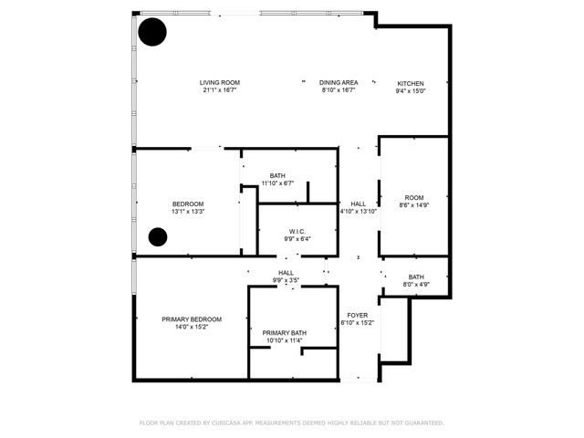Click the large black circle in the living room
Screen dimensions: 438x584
(x=152, y=33)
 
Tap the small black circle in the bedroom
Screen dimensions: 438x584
(x=158, y=238)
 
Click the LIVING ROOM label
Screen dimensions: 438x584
(x=219, y=83)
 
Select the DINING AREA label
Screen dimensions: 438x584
(x=338, y=83)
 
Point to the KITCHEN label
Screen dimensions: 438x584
(x=410, y=83)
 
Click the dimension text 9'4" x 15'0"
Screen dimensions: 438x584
(x=410, y=91)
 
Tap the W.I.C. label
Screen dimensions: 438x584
(x=297, y=232)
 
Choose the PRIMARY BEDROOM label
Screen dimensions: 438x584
(x=192, y=319)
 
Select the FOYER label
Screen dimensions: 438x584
(x=357, y=315)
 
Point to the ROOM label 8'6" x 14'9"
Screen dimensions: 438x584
(x=414, y=198)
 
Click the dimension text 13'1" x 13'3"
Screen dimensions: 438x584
(x=188, y=212)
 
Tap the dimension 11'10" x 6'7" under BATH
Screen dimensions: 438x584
(x=277, y=183)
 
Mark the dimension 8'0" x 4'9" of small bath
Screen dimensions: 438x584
(x=415, y=285)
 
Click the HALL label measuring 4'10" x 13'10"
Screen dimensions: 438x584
(x=357, y=203)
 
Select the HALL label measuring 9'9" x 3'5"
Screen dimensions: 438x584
(x=286, y=273)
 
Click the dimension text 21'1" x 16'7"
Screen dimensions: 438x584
(x=219, y=91)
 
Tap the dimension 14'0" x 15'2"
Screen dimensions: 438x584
(x=192, y=328)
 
